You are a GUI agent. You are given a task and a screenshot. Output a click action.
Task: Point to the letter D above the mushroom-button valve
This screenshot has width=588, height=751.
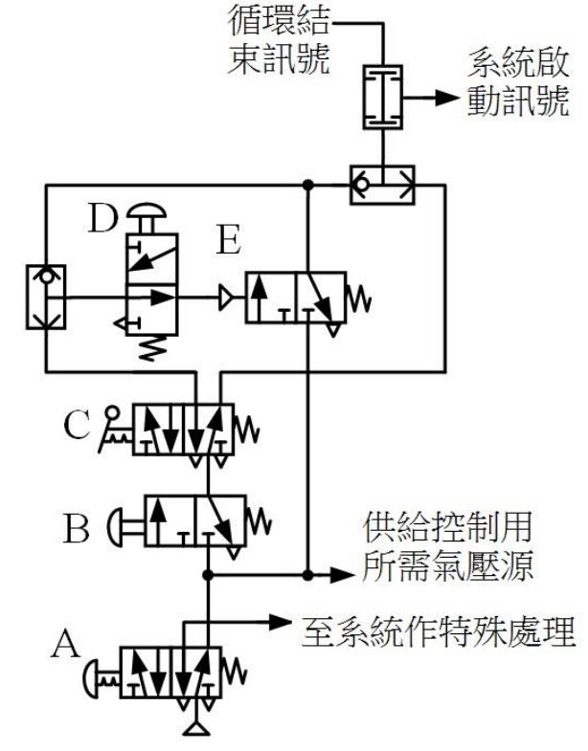pyautogui.click(x=102, y=219)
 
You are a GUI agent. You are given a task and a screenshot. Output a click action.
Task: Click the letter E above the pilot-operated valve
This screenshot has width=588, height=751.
pyautogui.click(x=228, y=242)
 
